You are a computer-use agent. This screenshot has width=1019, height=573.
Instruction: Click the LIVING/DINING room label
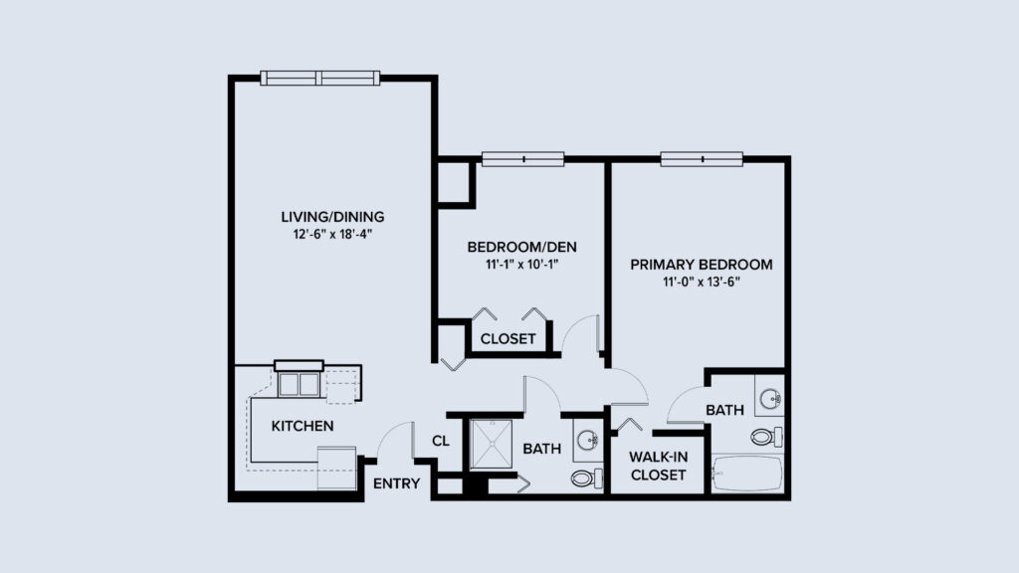click(x=331, y=216)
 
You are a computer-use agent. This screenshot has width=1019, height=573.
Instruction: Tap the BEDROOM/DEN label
click(x=521, y=247)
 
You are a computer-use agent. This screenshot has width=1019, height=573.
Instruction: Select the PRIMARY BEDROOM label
click(x=701, y=265)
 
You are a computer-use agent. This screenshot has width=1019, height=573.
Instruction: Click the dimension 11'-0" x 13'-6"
click(x=701, y=283)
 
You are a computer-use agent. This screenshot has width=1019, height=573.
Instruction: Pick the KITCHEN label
click(x=302, y=426)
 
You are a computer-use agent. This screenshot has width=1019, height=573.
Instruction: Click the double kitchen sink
click(x=299, y=384)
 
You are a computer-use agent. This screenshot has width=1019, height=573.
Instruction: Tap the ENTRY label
click(x=396, y=484)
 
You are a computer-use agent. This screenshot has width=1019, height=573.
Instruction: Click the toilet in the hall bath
click(x=586, y=478)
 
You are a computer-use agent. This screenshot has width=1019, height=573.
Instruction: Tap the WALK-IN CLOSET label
click(x=658, y=466)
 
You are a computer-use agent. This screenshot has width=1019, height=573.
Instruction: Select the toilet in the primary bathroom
click(x=767, y=437)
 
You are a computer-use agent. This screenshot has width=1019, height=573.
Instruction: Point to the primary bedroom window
click(x=702, y=158)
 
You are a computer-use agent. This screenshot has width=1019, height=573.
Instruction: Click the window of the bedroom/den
click(x=522, y=158)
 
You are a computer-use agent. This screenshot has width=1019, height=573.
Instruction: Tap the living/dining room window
click(x=320, y=78)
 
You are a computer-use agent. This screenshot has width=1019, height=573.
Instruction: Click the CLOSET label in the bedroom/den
click(x=508, y=338)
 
